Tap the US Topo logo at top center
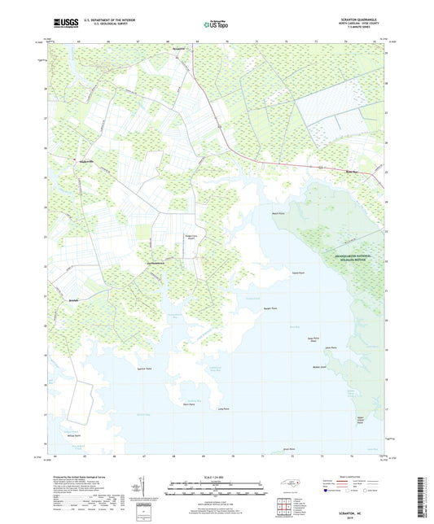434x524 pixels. click(x=212, y=25)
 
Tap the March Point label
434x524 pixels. click(x=278, y=213)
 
